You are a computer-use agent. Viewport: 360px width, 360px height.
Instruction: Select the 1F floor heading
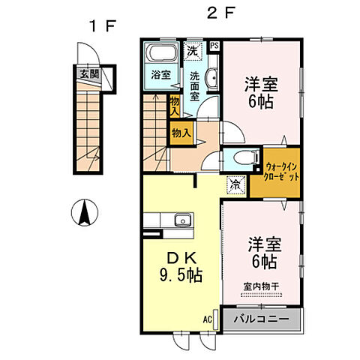coord(102,28)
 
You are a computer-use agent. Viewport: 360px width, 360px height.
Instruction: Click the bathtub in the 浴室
coord(160,55)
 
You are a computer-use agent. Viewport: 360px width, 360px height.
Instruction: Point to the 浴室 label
coord(160,75)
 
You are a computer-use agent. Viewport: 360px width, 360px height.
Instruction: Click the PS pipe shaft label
coord(215,46)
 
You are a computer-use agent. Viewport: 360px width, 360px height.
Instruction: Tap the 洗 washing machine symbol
coord(193,52)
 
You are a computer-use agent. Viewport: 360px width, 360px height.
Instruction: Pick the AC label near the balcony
coord(207,318)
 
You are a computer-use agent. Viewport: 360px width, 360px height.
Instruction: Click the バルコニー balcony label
coord(257,319)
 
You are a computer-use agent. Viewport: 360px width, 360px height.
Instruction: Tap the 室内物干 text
coord(260,286)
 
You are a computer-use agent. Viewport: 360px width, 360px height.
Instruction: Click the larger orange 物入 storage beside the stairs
coord(181,133)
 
